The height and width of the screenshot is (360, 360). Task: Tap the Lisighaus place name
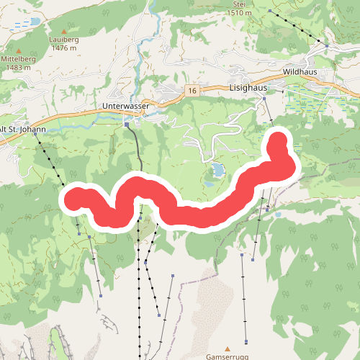click(248, 86)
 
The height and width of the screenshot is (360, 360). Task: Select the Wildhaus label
click(300, 73)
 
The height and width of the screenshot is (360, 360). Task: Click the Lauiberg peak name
click(64, 40)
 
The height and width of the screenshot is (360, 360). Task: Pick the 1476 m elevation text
click(64, 48)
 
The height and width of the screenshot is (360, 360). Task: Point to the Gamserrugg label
click(228, 356)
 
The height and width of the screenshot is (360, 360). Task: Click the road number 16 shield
click(191, 91)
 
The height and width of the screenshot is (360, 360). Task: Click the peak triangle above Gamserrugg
click(228, 348)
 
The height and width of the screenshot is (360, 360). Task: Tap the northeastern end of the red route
click(279, 138)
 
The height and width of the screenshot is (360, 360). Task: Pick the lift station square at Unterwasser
click(127, 124)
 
